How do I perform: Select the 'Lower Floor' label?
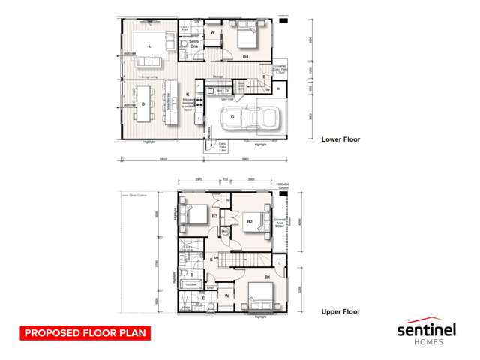click(x=340, y=139)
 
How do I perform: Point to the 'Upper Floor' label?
click(x=340, y=311)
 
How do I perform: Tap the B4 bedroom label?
click(x=246, y=55)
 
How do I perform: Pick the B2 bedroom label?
click(x=250, y=222)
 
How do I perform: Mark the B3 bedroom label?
click(x=214, y=216)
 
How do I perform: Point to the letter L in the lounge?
click(x=150, y=46)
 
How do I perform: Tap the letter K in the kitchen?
click(x=187, y=94)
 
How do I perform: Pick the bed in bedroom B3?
click(x=196, y=214)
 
